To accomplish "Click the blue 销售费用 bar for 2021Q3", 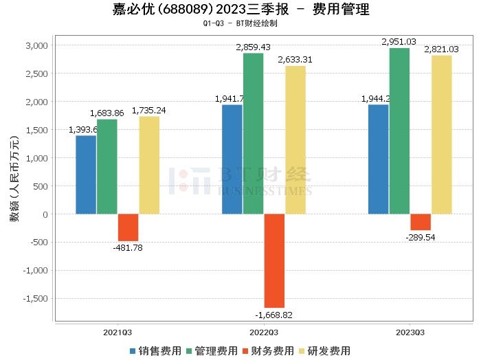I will pyautogui.click(x=86, y=175).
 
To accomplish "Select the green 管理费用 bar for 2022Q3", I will pyautogui.click(x=253, y=133).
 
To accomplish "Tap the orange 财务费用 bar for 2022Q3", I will pyautogui.click(x=274, y=260).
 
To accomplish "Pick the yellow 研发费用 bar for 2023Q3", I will pyautogui.click(x=442, y=135).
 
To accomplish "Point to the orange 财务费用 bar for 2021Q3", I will pyautogui.click(x=128, y=227).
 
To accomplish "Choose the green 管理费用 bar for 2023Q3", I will pyautogui.click(x=399, y=131).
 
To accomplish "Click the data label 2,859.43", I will pyautogui.click(x=254, y=47).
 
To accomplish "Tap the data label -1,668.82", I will pyautogui.click(x=273, y=315).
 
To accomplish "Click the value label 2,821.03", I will pyautogui.click(x=443, y=49).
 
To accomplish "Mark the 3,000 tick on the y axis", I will pyautogui.click(x=36, y=45).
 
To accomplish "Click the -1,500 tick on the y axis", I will pyautogui.click(x=34, y=299).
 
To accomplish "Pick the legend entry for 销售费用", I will pyautogui.click(x=157, y=350).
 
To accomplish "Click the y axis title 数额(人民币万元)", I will pyautogui.click(x=14, y=179).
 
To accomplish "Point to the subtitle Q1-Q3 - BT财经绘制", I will pyautogui.click(x=240, y=23).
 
